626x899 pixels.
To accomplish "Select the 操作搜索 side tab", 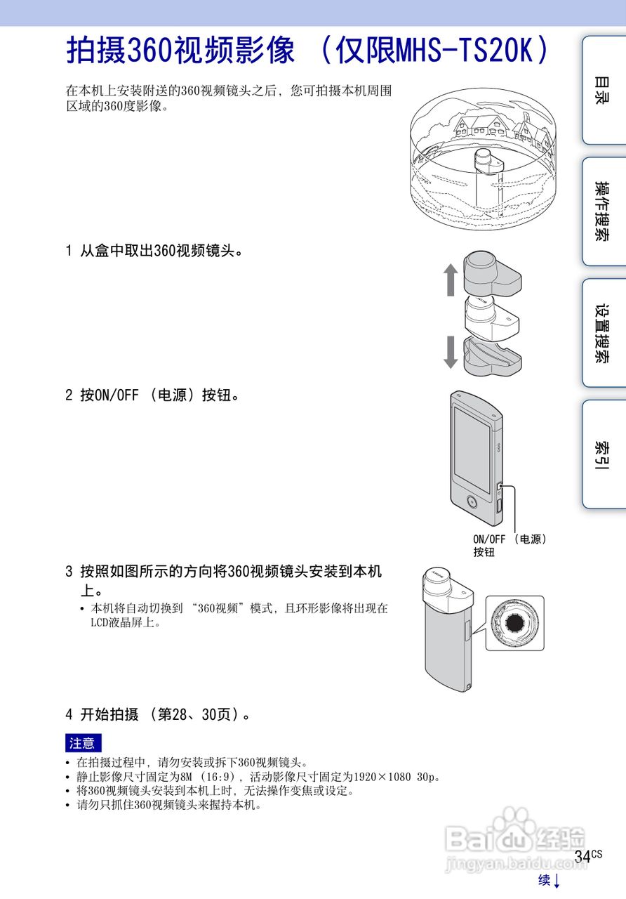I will (602, 211).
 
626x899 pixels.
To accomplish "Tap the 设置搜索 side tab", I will (602, 333).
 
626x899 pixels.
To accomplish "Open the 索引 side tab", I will (602, 455).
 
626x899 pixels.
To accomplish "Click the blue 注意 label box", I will (83, 743).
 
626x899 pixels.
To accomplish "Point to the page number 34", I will (582, 856).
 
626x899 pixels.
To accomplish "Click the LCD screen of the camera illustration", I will (472, 449).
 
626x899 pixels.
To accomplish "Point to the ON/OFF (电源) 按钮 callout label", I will (509, 545).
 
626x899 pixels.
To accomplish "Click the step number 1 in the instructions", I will (69, 251).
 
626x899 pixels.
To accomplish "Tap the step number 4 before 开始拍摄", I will (69, 715).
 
